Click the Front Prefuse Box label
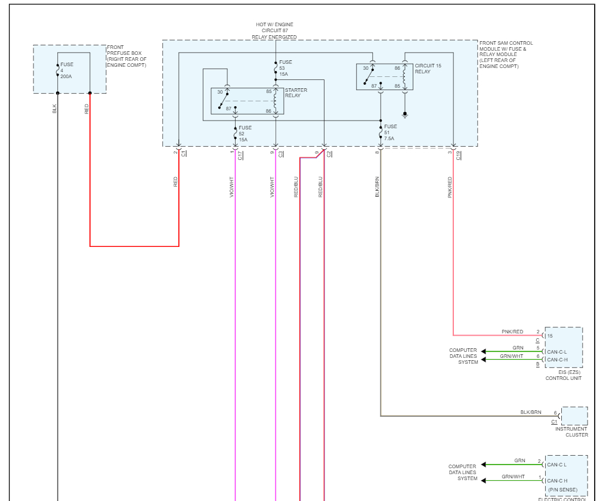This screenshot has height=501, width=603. coord(126,56)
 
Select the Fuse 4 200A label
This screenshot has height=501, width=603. coord(66,70)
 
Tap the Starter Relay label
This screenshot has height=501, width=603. coord(296,93)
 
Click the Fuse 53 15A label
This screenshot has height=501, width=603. coord(286,68)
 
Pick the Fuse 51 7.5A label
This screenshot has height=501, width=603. coord(390,132)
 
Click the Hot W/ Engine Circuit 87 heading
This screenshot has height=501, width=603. coord(274,30)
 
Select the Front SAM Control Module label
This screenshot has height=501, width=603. coord(506,55)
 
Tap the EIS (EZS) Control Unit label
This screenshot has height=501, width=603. coord(563,375)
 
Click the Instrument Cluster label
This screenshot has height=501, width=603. coord(571,432)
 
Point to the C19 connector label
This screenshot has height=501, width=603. coord(459,156)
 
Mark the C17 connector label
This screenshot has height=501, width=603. coord(240,156)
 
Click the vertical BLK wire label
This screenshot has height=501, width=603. coord(55,109)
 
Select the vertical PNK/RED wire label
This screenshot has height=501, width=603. coord(450,187)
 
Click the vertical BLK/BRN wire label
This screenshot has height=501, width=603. coord(378,187)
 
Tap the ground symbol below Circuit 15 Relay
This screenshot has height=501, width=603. coord(405,113)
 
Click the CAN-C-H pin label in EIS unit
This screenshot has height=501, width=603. coord(557,360)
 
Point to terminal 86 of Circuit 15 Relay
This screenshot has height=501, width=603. coord(397,69)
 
